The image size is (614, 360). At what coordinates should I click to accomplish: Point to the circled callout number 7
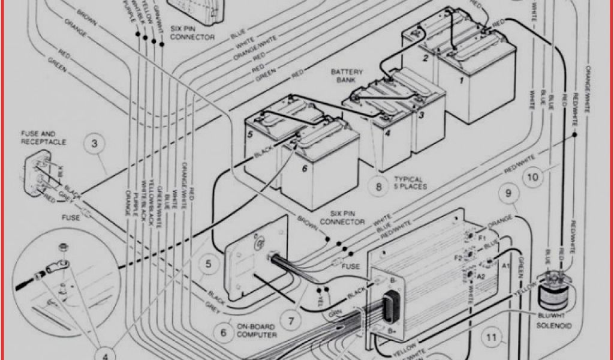290,321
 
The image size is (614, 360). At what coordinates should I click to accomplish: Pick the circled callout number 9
508,193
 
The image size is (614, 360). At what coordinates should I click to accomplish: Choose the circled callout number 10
532,177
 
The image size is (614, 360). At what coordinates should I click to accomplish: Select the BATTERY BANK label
347,75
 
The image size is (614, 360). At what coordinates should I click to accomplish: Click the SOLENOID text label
555,325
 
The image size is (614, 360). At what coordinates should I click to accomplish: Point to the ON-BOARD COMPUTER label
256,331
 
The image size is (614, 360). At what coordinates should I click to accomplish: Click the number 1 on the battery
462,80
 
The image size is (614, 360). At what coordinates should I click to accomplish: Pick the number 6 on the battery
305,170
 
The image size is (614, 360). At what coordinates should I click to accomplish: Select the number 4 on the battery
388,133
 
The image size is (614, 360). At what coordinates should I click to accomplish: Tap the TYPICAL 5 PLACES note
408,182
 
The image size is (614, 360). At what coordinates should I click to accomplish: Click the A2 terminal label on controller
480,276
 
